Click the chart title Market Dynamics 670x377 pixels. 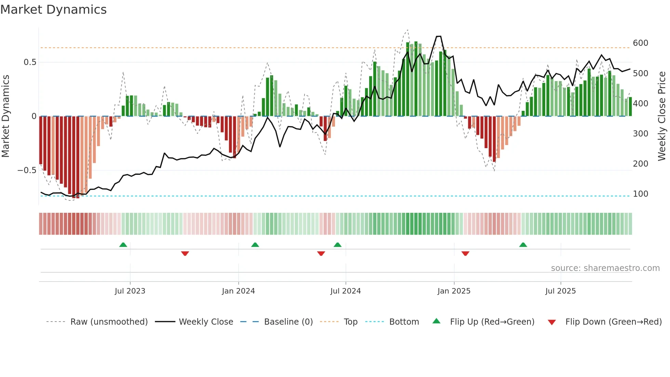(54, 10)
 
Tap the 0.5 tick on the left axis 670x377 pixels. (30, 62)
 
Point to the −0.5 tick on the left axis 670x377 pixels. (27, 170)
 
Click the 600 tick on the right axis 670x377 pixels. (640, 43)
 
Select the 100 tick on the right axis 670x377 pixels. (640, 194)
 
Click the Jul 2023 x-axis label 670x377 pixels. (130, 291)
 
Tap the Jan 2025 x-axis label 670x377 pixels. (454, 291)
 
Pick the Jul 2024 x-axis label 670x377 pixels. (345, 291)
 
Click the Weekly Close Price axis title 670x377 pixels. (662, 116)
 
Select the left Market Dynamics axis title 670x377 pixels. (6, 116)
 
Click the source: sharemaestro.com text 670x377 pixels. (605, 268)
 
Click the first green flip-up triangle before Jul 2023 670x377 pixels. (123, 245)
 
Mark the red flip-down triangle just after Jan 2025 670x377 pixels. (465, 253)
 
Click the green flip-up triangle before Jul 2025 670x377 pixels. (523, 245)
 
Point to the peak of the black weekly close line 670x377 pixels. (439, 36)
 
